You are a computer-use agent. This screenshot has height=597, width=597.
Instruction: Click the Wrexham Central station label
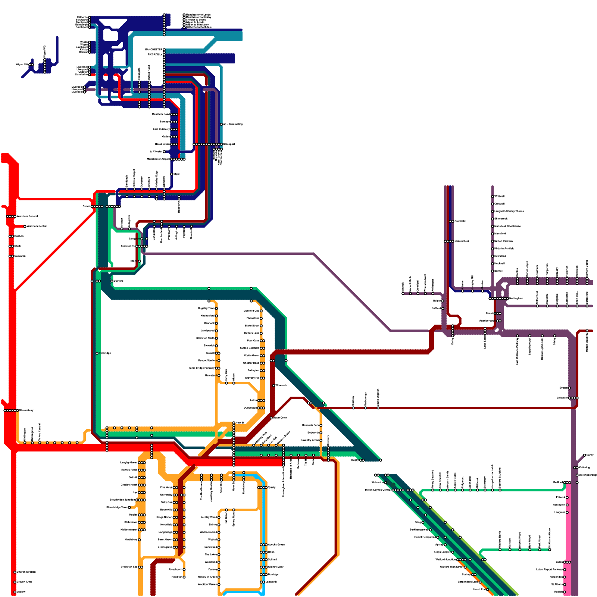tap(37, 226)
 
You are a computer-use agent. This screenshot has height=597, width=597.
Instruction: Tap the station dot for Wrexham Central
tap(25, 226)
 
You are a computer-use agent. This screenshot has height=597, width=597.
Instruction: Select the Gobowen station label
tap(20, 256)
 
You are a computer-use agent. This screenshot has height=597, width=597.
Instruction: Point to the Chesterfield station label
tap(462, 241)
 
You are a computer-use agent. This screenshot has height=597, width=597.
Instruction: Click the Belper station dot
tap(443, 301)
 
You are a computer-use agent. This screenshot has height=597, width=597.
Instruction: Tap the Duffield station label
tap(436, 308)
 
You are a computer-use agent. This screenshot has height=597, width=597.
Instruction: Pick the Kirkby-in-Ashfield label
tap(504, 249)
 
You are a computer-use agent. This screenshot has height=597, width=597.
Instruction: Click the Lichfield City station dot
tap(261, 311)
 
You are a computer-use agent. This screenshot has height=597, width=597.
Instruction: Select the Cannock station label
tap(209, 323)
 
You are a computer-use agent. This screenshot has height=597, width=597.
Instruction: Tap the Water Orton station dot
tap(271, 418)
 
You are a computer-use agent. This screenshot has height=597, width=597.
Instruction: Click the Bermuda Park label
tap(310, 425)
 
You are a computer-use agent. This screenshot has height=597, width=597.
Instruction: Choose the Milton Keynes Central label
tap(378, 490)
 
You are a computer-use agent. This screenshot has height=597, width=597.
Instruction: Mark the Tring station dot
tap(423, 522)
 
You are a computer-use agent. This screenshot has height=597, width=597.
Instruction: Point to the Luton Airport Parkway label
tap(549, 569)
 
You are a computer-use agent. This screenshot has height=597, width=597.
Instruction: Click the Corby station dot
tap(585, 455)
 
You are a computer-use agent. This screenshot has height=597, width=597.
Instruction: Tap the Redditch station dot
tap(184, 577)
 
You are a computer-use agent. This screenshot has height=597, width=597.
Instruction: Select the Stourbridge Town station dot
tap(129, 507)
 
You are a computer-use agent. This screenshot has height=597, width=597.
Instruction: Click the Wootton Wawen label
tap(207, 584)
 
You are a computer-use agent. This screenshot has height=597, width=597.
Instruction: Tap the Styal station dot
tap(172, 174)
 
